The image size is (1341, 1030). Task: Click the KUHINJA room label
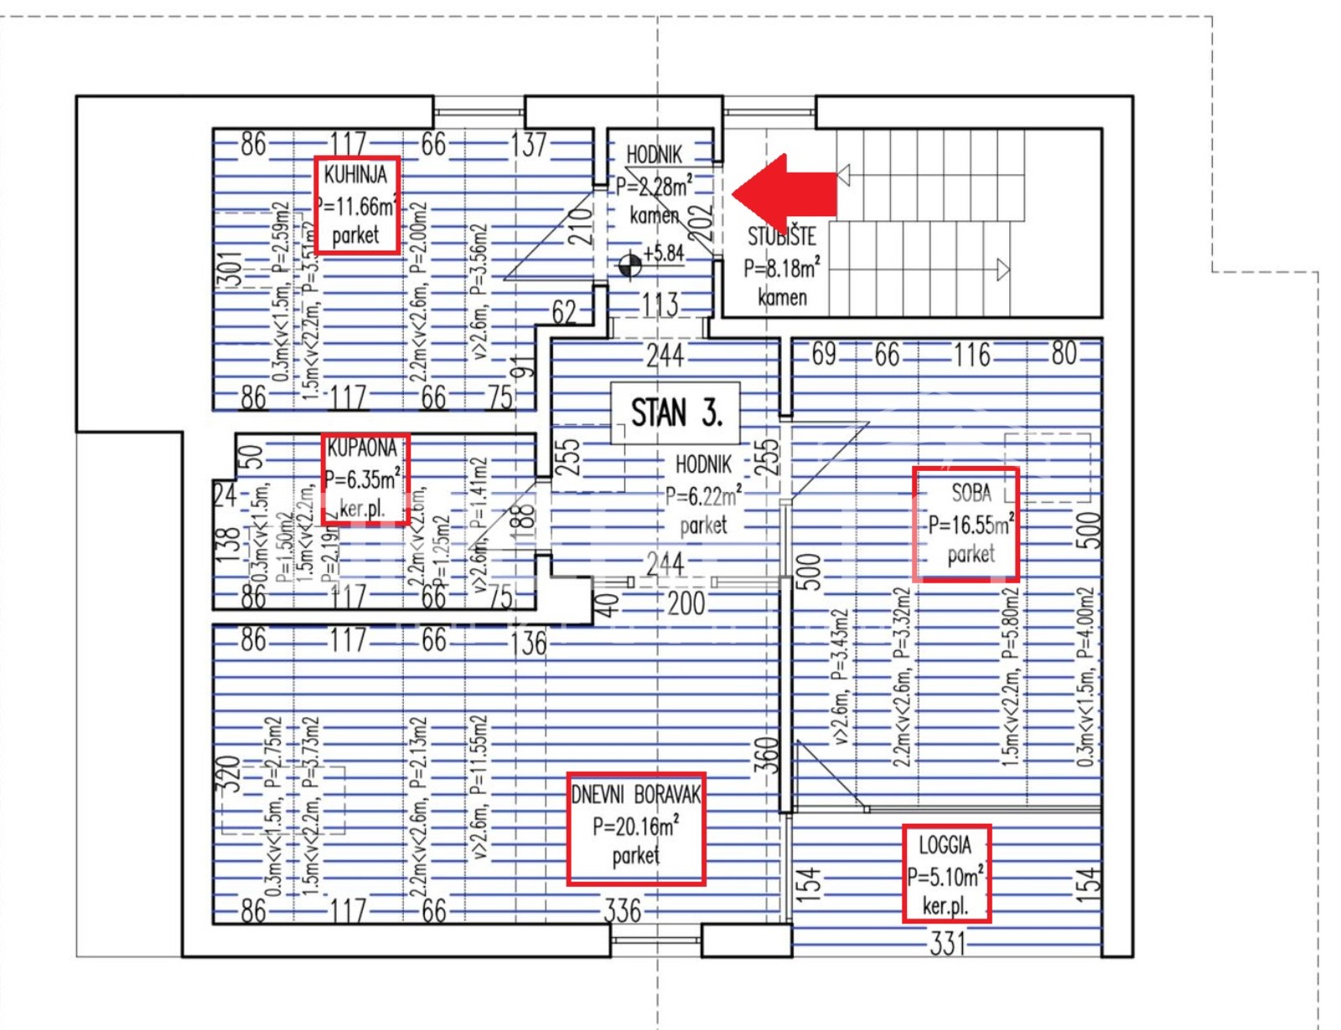pos(356,175)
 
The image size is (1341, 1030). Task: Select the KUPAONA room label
pos(362,448)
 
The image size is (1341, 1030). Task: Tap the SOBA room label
pos(971,493)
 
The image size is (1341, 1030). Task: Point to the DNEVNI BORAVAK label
pos(635,794)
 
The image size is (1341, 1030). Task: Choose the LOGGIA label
pos(945,845)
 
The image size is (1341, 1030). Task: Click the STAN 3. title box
pos(676,413)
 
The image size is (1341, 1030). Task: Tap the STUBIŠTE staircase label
pos(781,237)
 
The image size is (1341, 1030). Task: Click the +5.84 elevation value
pos(664,253)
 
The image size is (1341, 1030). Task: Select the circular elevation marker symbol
pos(629,267)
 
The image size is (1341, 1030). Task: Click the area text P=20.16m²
pos(635,827)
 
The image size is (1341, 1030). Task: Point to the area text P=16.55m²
pos(971,525)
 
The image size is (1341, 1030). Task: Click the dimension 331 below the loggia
pos(947,945)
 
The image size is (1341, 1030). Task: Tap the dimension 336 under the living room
pos(623,911)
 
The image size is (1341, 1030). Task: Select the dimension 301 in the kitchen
pos(230,270)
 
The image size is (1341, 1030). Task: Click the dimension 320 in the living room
pos(229,774)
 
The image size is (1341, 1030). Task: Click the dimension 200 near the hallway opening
pos(686,603)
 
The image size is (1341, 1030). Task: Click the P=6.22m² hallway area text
pos(703,497)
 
